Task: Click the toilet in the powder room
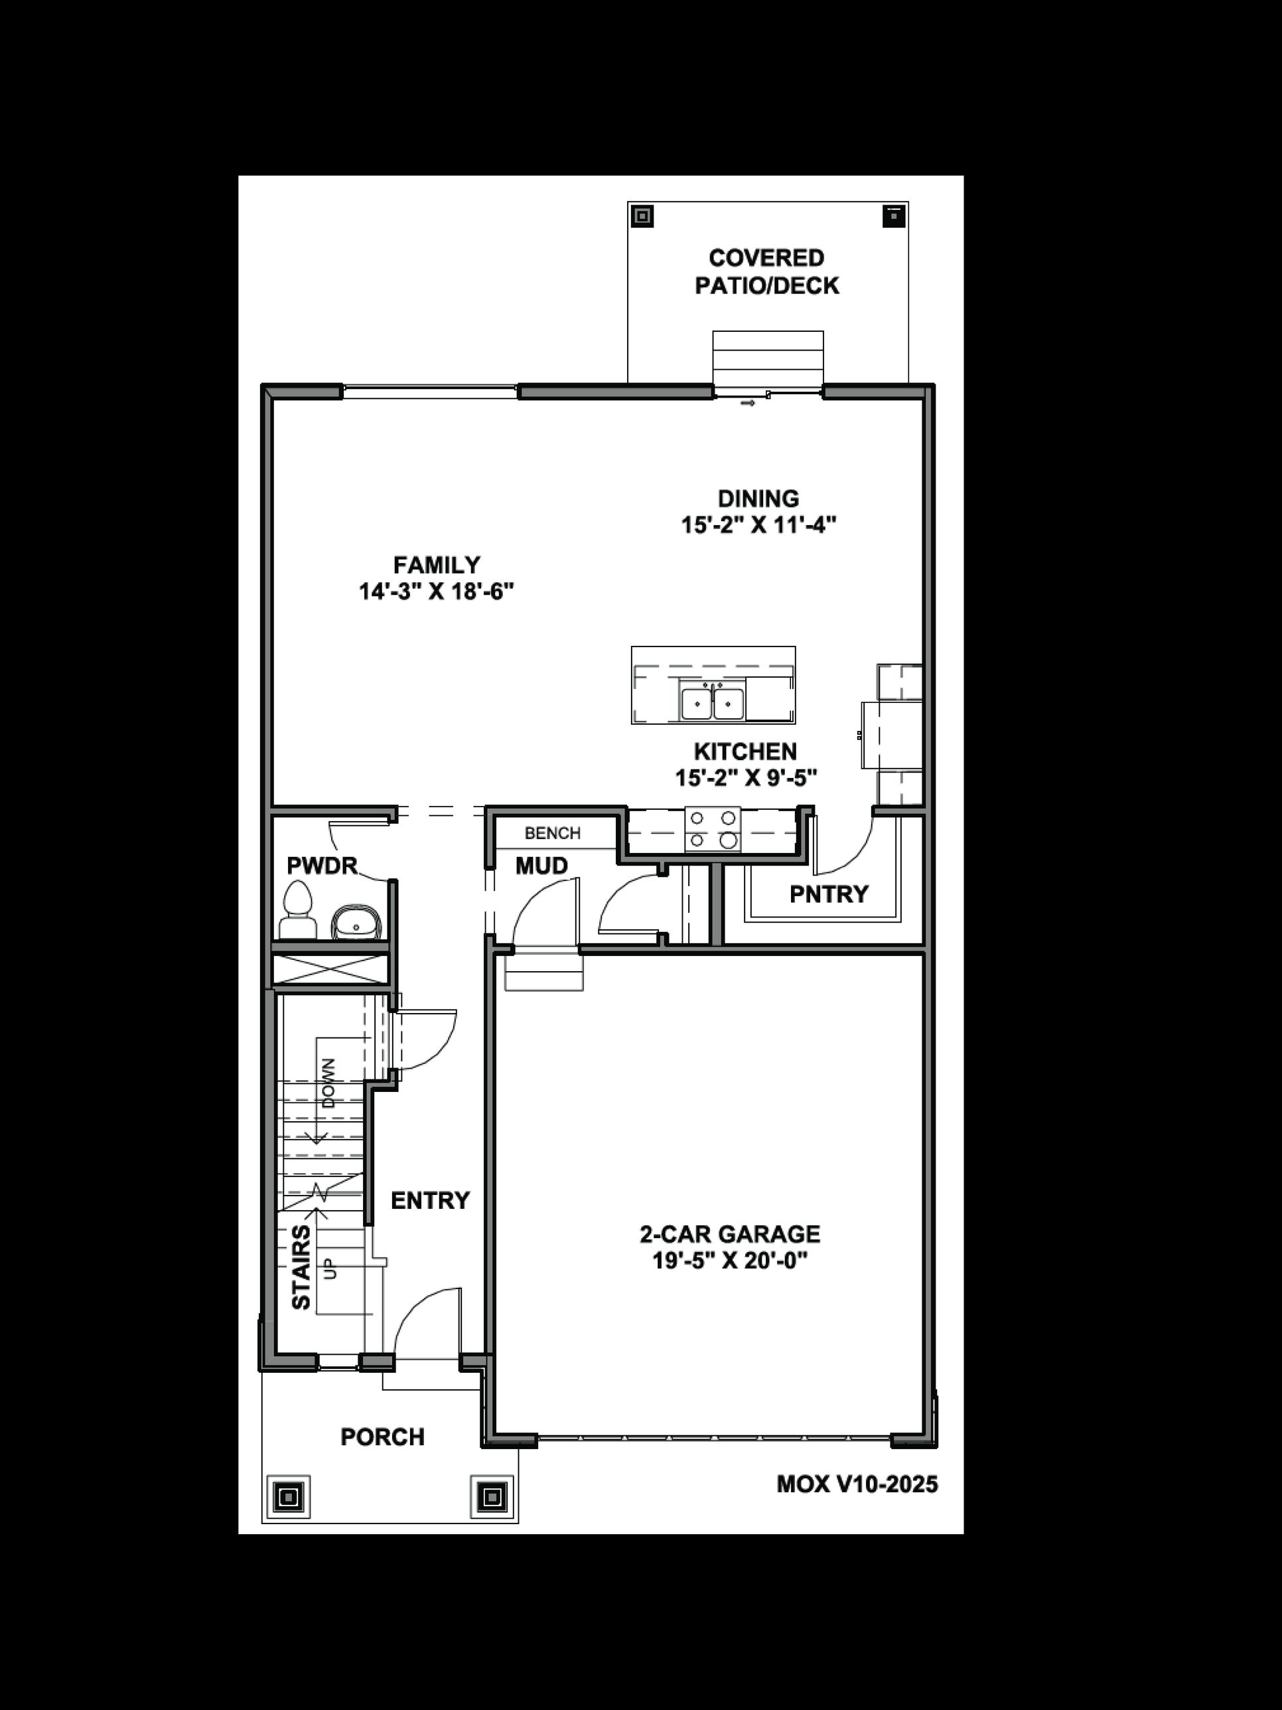coord(297,911)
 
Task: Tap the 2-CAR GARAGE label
coord(729,1234)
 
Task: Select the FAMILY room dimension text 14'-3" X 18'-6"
coord(436,592)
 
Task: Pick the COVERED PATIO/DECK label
coord(766,272)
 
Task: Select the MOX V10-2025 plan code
coord(856,1484)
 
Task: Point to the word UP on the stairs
coord(330,1269)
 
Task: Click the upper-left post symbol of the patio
coord(642,216)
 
